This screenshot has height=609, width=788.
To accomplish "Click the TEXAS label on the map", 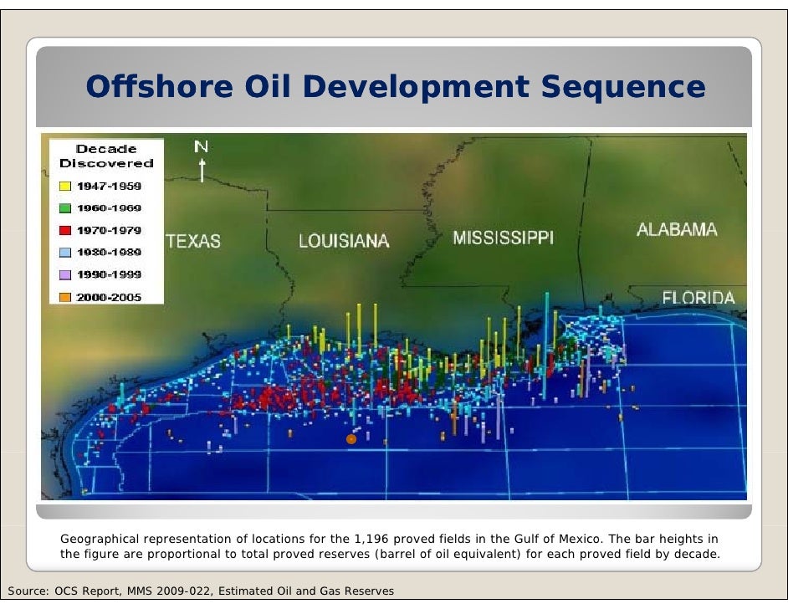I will coord(194,242).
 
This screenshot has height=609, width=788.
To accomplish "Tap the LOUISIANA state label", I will coord(344,242).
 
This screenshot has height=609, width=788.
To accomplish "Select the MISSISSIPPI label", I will coord(503,238).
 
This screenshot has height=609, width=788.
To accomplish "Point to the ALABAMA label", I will coord(676,230).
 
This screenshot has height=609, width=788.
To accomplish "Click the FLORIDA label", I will coord(698,298).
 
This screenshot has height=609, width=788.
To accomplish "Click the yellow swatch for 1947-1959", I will coord(64,187).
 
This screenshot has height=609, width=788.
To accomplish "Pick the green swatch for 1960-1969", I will coord(64,208).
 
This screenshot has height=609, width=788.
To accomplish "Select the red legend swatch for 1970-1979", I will coord(64,230).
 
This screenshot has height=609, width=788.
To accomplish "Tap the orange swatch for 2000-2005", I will coord(64,297).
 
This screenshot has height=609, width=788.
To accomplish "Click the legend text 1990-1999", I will coord(109,274).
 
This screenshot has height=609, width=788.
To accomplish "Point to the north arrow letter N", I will coord(201,147).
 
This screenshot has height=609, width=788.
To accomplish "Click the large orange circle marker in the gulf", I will coord(351,438).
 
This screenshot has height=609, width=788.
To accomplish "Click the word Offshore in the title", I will coord(147,87).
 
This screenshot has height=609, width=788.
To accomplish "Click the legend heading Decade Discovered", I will coord(106,156).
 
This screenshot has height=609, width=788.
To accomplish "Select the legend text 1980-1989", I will coord(109,252).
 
